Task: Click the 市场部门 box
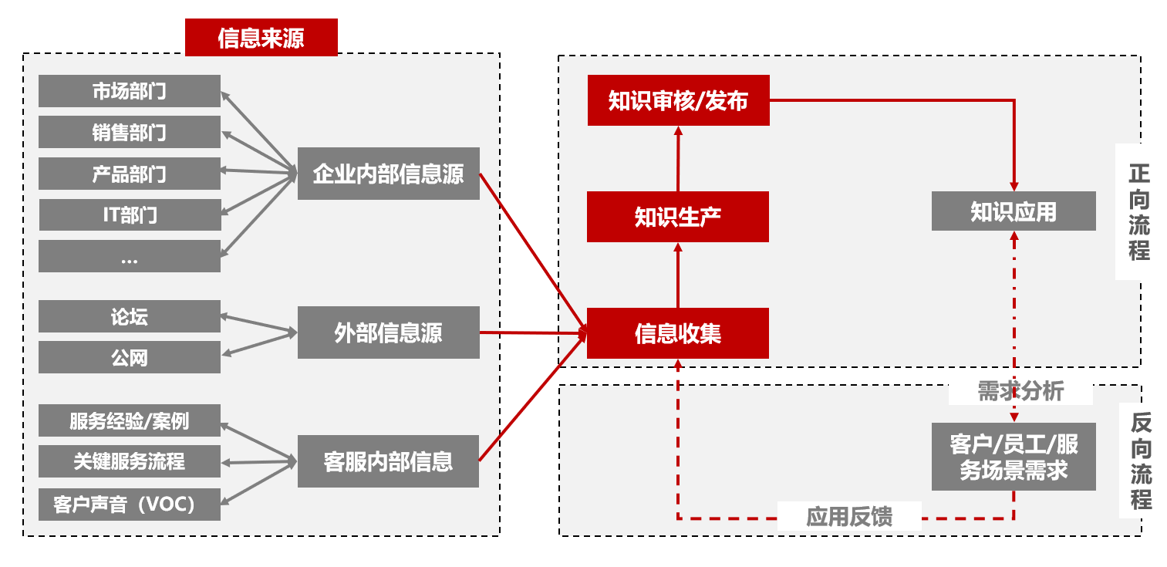click(x=129, y=91)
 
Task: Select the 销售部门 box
click(x=129, y=132)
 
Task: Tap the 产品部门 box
click(x=129, y=174)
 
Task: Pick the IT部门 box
click(x=129, y=214)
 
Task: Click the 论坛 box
click(x=129, y=316)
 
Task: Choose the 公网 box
click(x=129, y=357)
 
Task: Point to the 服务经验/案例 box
click(x=129, y=420)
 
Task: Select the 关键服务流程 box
click(x=129, y=461)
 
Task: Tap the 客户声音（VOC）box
click(x=129, y=504)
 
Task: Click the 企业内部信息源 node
click(x=388, y=174)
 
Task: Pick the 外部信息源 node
click(x=388, y=332)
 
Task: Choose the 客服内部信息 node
click(x=388, y=461)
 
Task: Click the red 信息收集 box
click(x=677, y=333)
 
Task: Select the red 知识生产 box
click(x=677, y=217)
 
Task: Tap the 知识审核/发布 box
click(x=678, y=100)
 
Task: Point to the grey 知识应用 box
click(x=1013, y=211)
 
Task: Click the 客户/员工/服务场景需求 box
click(x=1013, y=457)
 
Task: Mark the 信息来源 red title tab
click(x=261, y=38)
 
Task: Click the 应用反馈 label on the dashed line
click(x=848, y=516)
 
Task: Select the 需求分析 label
click(x=1020, y=391)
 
